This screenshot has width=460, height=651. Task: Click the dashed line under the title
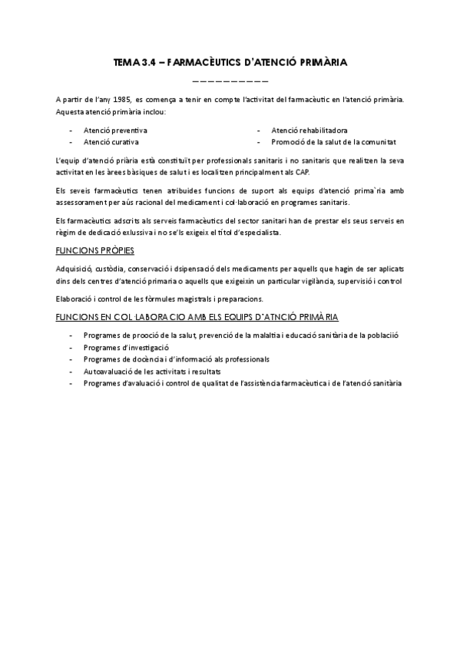point(230,81)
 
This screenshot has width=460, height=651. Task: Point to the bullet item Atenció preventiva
point(116,131)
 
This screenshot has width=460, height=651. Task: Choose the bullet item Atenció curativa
point(111,142)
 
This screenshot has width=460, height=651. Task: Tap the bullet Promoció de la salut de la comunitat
point(334,142)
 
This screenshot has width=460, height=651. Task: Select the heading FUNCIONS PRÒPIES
point(95,250)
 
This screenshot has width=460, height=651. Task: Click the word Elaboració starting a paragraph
point(76,298)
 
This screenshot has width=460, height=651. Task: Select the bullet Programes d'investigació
point(126,348)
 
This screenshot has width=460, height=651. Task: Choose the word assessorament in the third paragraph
point(83,203)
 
